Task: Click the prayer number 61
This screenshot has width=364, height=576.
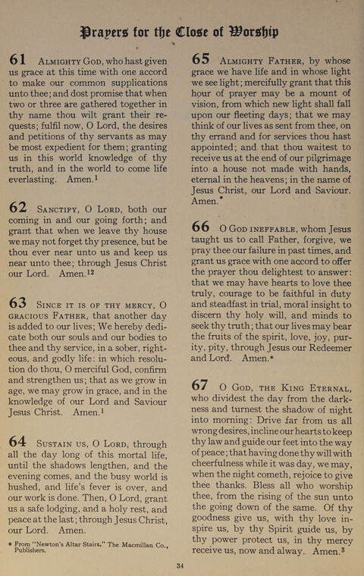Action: tap(18, 60)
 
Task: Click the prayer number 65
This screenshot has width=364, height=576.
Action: tap(201, 60)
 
